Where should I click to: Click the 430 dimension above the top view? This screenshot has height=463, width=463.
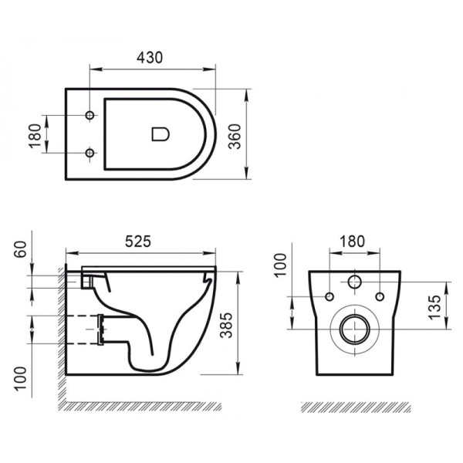click(152, 57)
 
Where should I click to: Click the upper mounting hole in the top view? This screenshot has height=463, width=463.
click(90, 116)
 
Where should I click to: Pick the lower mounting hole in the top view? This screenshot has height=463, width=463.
click(90, 154)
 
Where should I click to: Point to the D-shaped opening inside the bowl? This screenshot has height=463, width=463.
click(159, 134)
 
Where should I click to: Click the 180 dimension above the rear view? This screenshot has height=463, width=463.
click(352, 241)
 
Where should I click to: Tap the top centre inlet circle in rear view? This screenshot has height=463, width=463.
click(355, 282)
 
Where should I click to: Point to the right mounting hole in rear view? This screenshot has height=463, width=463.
click(380, 297)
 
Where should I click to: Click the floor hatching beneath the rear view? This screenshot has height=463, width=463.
click(355, 407)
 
